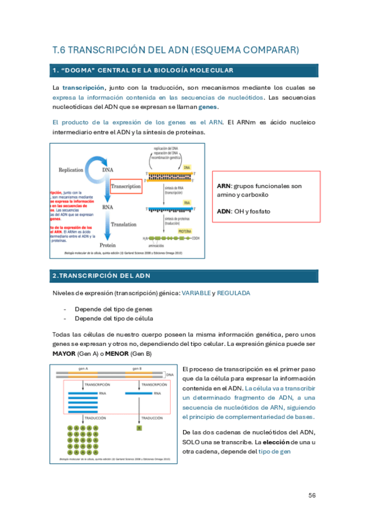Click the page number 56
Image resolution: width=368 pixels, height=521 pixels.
311,495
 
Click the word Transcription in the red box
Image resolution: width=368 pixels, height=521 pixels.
126,185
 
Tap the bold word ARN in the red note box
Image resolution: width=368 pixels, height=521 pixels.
224,186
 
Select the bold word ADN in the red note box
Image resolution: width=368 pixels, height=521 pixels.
224,211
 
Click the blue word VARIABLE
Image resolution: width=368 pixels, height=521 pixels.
195,293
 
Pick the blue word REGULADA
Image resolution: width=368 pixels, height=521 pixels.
233,293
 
